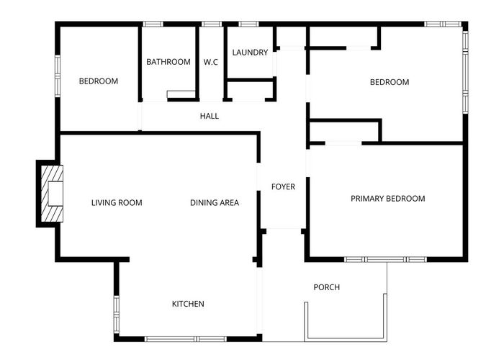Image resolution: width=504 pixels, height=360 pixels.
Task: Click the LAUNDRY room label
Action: (251, 53)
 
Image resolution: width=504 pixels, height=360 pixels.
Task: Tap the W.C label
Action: (211, 62)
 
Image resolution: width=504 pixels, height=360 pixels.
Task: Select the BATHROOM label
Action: (168, 62)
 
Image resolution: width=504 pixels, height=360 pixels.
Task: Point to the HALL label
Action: (210, 116)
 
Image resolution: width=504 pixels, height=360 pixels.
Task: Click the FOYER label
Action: (283, 187)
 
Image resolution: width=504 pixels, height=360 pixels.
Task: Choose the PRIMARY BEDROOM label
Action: (387, 199)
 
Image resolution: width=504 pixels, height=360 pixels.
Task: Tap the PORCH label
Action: (326, 287)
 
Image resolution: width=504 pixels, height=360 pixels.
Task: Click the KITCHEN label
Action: (188, 304)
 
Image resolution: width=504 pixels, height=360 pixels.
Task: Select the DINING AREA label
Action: (215, 202)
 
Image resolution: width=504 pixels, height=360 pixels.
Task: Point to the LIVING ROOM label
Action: (117, 202)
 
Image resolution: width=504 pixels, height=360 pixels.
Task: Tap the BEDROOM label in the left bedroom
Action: (98, 81)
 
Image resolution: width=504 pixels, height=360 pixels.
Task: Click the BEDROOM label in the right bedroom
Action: (390, 82)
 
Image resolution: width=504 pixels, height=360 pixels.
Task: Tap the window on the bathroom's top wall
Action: (153, 24)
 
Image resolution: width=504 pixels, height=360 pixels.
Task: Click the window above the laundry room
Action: (248, 24)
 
